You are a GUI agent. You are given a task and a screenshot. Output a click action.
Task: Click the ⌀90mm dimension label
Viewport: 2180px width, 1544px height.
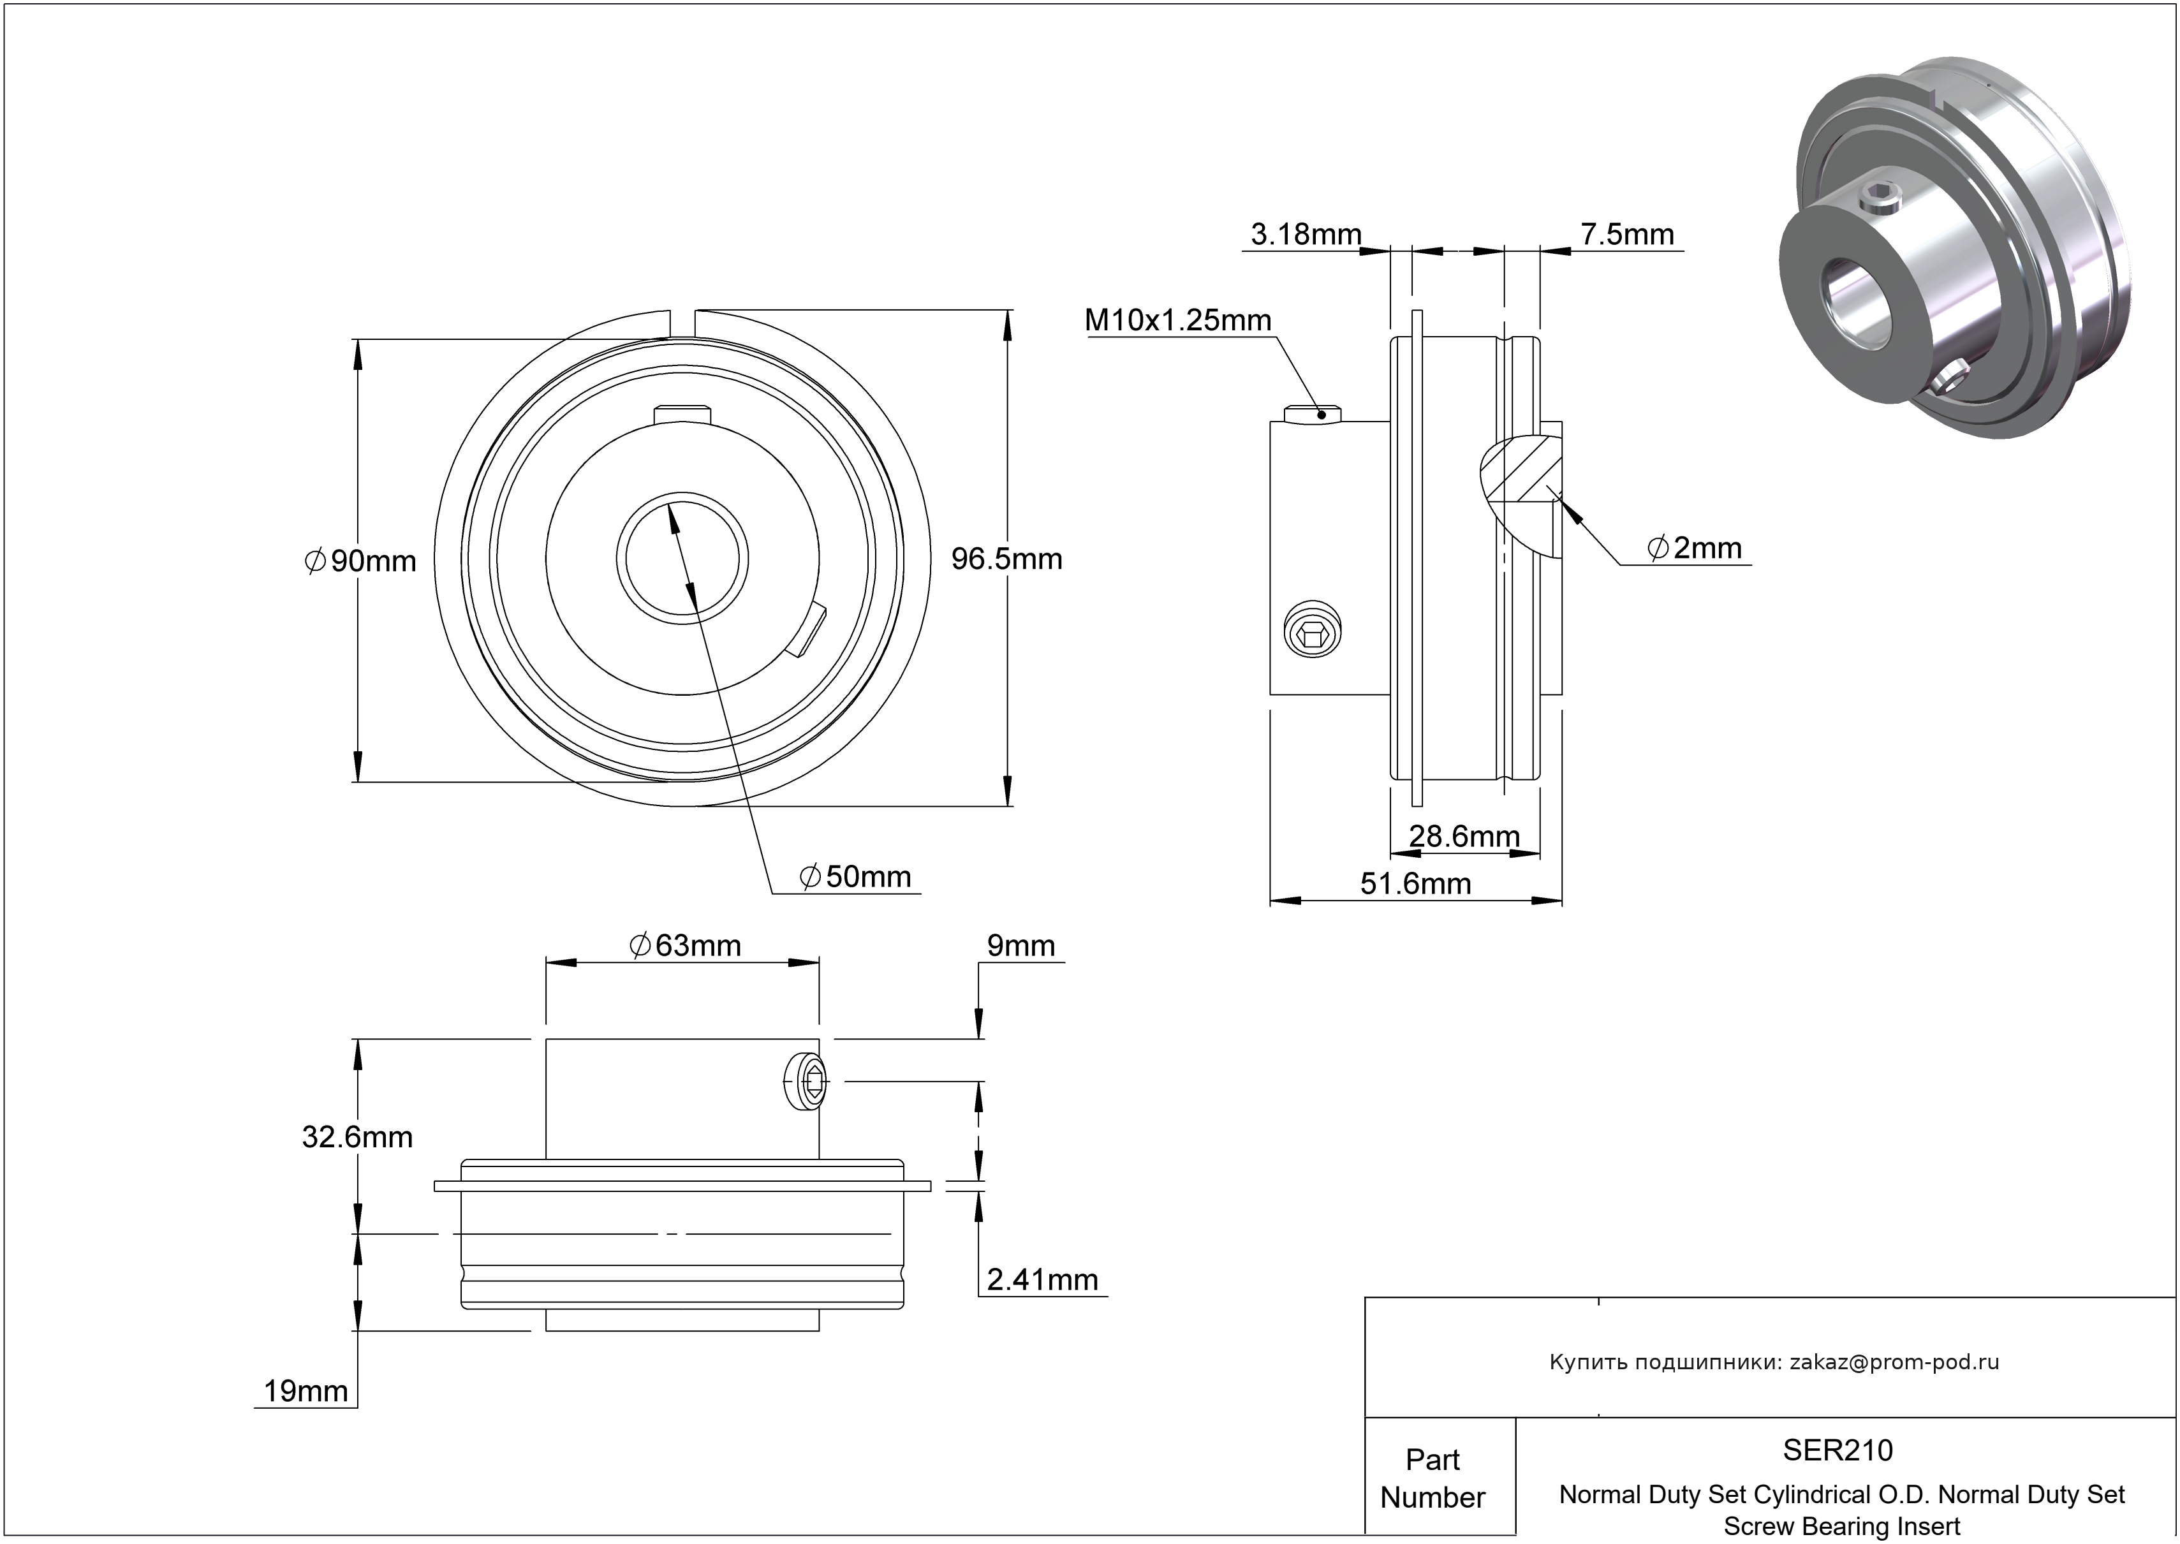click(361, 561)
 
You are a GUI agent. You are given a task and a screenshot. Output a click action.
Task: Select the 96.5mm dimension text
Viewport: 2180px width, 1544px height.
click(1007, 559)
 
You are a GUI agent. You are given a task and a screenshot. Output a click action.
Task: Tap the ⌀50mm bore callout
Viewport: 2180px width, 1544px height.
click(856, 876)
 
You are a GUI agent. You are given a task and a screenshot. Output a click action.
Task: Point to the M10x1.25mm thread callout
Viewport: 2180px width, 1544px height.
click(1178, 320)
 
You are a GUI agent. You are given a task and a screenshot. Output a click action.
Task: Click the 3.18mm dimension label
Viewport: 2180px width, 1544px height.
click(1306, 234)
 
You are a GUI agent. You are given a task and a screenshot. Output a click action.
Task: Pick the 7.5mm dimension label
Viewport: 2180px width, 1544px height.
click(1626, 234)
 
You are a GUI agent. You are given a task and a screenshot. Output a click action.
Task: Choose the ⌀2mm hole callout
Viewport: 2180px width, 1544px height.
click(1695, 548)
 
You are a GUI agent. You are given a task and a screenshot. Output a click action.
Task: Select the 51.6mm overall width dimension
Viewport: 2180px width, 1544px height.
click(1416, 883)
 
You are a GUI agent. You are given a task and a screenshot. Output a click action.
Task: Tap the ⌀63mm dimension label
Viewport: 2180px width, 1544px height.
click(684, 945)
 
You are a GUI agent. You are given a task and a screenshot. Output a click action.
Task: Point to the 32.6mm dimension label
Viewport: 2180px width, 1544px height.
click(357, 1137)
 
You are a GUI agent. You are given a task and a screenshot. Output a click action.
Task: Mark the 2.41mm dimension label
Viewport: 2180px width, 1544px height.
click(1042, 1280)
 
